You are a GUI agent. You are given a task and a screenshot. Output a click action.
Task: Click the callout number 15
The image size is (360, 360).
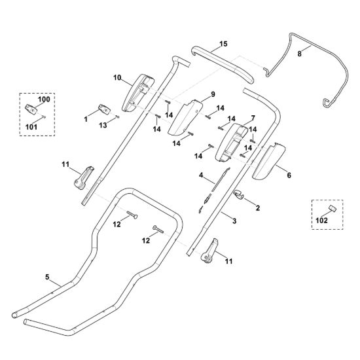223,44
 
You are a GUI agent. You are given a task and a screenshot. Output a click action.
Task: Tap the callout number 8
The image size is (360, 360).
299,54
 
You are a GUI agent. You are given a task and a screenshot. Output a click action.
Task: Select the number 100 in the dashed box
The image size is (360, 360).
44,99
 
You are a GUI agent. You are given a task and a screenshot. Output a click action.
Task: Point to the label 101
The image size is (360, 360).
31,127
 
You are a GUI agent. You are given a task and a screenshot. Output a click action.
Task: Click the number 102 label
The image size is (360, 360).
321,221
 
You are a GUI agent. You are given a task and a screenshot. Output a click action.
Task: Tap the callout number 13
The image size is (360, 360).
103,125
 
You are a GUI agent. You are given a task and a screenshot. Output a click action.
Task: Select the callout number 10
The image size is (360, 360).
117,78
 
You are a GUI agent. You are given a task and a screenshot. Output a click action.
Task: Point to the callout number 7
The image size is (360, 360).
253,118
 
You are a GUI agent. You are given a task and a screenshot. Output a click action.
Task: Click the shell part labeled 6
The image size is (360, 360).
268,162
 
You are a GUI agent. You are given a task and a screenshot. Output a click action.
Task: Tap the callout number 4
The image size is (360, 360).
201,175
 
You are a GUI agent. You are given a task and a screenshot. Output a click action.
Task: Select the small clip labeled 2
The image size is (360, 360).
239,194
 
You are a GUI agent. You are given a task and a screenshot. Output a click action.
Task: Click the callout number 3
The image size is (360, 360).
234,221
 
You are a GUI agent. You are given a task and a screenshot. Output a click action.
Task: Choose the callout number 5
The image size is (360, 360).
47,278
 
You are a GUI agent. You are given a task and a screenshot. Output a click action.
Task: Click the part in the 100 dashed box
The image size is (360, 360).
31,109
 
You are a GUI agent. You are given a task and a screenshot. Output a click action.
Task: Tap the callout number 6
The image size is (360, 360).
289,175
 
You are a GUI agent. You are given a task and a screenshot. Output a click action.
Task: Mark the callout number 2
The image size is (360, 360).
258,208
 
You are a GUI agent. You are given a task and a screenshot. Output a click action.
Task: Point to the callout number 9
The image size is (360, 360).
213,94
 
